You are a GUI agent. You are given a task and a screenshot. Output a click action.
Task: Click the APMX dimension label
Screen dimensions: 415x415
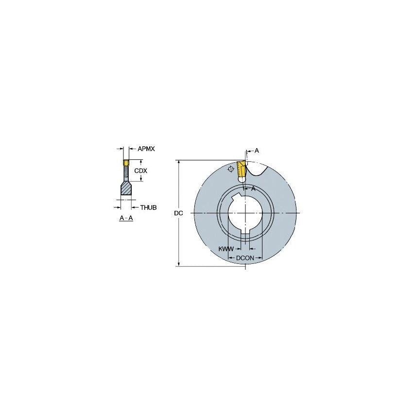(x=146, y=149)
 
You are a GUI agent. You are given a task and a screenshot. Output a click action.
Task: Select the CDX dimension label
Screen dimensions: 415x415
(x=140, y=171)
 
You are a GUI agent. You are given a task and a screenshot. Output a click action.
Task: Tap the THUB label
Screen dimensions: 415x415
(x=148, y=207)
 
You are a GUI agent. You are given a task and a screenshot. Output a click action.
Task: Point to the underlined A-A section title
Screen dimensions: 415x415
(x=126, y=219)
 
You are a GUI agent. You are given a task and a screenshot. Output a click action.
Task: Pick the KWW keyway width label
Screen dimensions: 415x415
(x=225, y=249)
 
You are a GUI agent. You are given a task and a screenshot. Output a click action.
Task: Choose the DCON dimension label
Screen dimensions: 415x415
(x=245, y=259)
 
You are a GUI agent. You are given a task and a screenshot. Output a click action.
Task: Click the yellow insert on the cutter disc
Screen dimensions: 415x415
(x=241, y=170)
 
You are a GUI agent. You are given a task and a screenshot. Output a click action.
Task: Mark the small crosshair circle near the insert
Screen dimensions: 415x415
(x=230, y=169)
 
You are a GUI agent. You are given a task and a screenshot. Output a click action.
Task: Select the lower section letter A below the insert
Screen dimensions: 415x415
(x=253, y=189)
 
